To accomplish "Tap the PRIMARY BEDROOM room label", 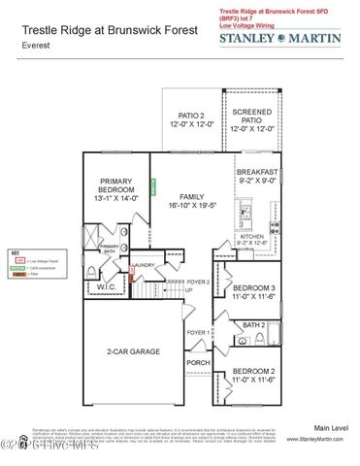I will (x=115, y=191).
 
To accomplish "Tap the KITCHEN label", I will (x=252, y=240).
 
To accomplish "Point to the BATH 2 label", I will (x=254, y=325).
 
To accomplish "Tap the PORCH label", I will (x=198, y=363).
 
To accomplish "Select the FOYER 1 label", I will (x=198, y=333).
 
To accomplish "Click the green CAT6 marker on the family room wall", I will (x=152, y=183).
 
